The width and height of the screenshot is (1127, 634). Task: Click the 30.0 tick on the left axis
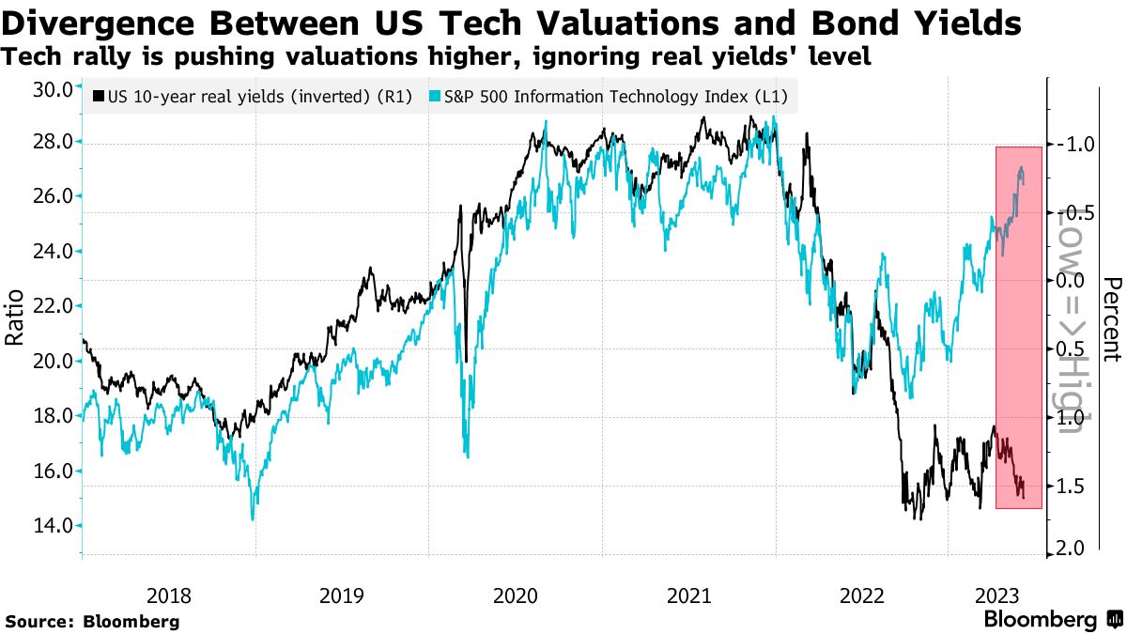tap(53, 89)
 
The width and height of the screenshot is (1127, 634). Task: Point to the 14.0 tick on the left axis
tap(53, 526)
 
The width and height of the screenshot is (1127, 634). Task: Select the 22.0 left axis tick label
tap(53, 306)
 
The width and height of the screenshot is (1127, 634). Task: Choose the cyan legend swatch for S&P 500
tap(435, 96)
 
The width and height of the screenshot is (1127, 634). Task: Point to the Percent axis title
tap(1114, 319)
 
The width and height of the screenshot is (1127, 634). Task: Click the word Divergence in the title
tap(110, 23)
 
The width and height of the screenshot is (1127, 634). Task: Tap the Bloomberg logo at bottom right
tap(1052, 620)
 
